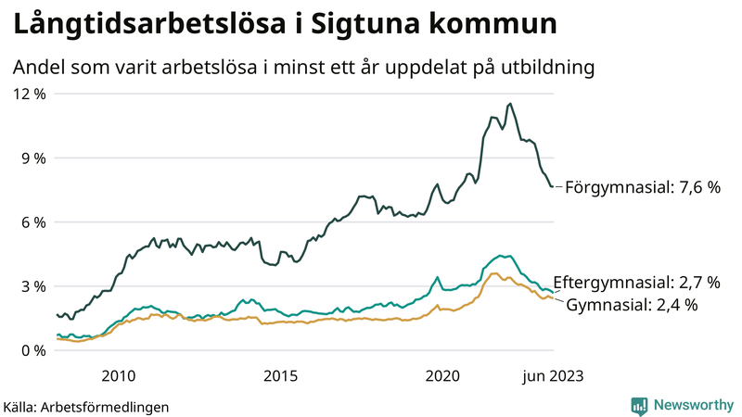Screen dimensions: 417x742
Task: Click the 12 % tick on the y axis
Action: [x=28, y=94]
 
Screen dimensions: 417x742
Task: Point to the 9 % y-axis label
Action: [x=32, y=158]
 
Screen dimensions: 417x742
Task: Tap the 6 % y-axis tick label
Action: [x=32, y=221]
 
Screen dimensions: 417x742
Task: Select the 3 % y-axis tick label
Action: [x=32, y=286]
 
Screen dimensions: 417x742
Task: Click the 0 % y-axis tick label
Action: [x=32, y=350]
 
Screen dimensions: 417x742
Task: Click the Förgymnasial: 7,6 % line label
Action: [x=643, y=187]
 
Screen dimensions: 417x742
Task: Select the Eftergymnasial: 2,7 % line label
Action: [x=636, y=282]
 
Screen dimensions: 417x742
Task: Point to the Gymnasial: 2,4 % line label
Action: [x=632, y=304]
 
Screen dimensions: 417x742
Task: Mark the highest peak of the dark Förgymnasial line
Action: [x=510, y=104]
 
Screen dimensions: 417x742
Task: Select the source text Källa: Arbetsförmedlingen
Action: [x=86, y=406]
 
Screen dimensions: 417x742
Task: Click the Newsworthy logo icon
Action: [x=639, y=405]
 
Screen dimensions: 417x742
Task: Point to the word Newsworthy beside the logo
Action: [x=694, y=405]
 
